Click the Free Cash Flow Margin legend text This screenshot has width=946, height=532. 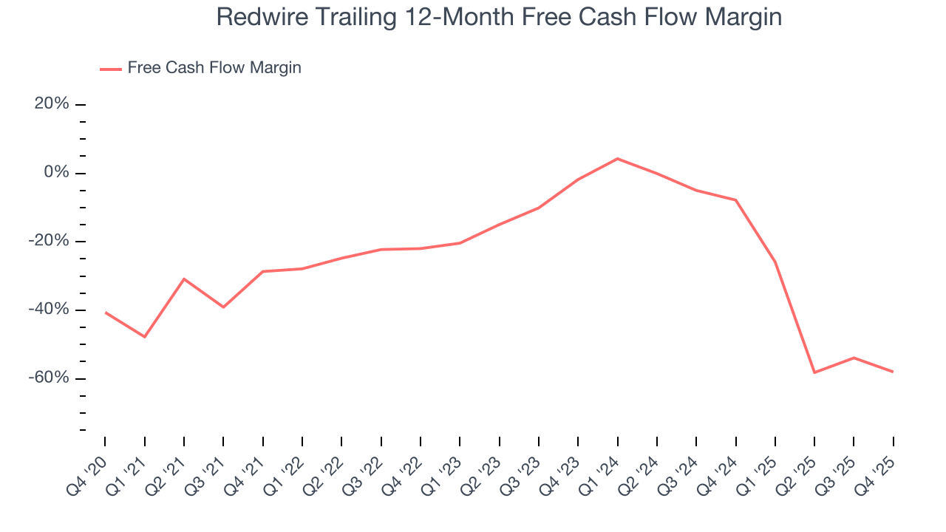pyautogui.click(x=214, y=68)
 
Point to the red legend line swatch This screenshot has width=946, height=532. pyautogui.click(x=111, y=69)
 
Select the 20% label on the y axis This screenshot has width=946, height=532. pyautogui.click(x=52, y=104)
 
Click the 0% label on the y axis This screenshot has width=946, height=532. pyautogui.click(x=56, y=173)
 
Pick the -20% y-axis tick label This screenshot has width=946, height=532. pyautogui.click(x=49, y=242)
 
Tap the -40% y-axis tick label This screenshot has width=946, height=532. pyautogui.click(x=49, y=310)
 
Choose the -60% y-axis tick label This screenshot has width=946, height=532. pyautogui.click(x=49, y=378)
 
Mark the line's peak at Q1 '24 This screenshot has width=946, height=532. pyautogui.click(x=617, y=159)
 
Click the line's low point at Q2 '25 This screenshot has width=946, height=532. pyautogui.click(x=814, y=372)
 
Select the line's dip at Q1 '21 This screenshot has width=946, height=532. pyautogui.click(x=145, y=337)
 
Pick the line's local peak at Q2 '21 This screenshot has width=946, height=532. pyautogui.click(x=184, y=279)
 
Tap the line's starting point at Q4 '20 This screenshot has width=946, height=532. pyautogui.click(x=105, y=313)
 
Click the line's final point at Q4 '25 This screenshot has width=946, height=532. pyautogui.click(x=893, y=372)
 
